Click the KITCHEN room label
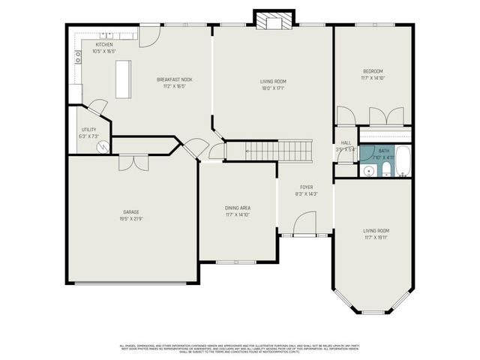(104, 44)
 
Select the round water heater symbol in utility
(103, 147)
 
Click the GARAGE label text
(131, 212)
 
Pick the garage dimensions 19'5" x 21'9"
(131, 219)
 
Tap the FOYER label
(307, 187)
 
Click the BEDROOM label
(373, 71)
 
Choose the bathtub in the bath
(403, 160)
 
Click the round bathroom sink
(367, 171)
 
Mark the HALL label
(346, 142)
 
